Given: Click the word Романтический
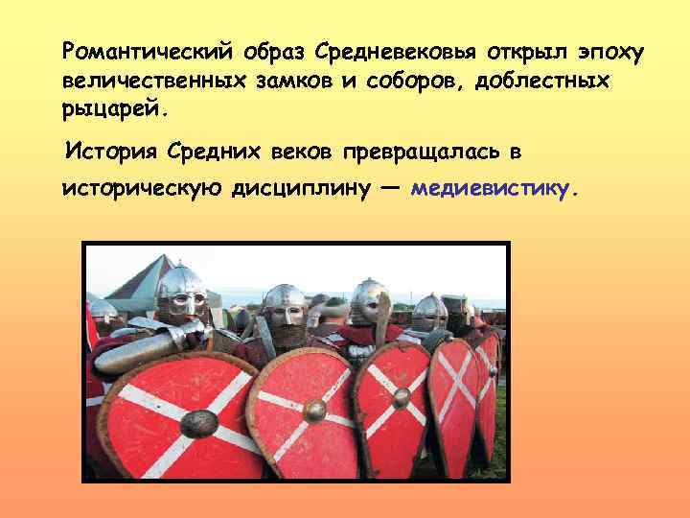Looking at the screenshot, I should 133,48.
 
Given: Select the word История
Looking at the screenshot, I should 108,151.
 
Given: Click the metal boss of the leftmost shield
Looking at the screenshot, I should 198,422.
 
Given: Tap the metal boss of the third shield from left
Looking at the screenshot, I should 401,395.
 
